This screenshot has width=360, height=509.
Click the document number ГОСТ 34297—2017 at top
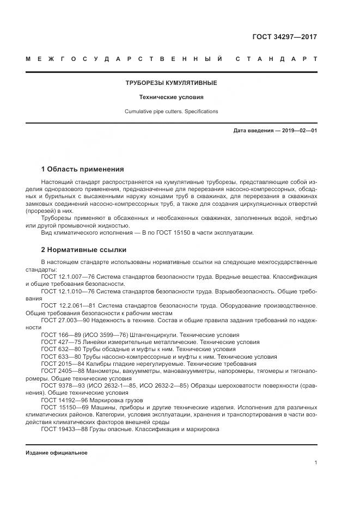click(285, 37)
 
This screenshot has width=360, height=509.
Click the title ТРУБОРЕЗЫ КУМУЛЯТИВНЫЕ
click(172, 83)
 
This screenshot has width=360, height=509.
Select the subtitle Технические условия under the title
click(172, 97)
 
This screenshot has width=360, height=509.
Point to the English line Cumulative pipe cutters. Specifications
click(172, 111)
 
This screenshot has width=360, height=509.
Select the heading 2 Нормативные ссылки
click(83, 250)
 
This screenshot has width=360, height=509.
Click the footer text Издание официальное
click(56, 453)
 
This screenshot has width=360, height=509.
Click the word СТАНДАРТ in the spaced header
click(276, 58)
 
